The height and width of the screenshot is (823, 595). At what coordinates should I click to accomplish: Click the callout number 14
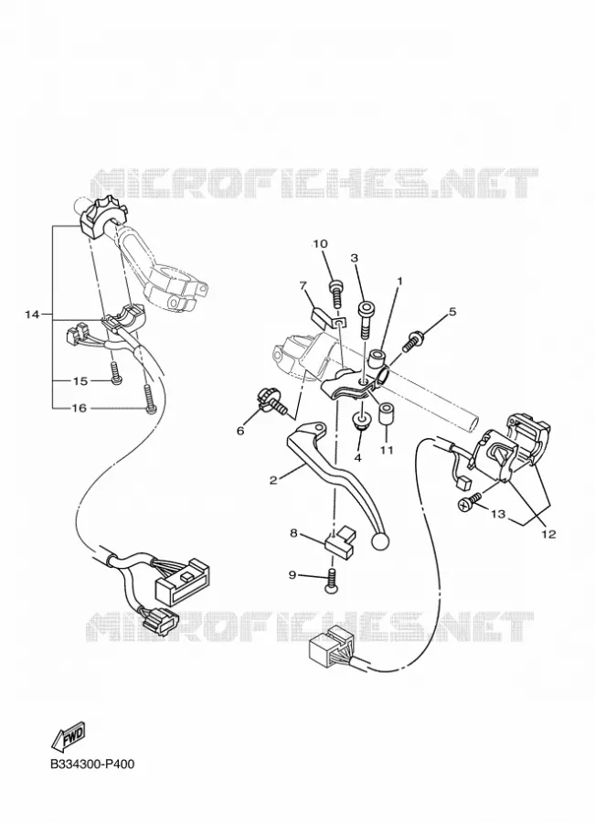pyautogui.click(x=32, y=315)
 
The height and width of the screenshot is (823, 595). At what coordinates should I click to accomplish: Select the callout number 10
pyautogui.click(x=320, y=243)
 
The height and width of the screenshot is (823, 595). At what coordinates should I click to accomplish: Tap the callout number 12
pyautogui.click(x=548, y=534)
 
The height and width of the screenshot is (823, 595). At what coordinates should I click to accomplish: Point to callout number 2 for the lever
pyautogui.click(x=273, y=480)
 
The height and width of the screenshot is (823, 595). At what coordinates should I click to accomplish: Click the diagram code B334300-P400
pyautogui.click(x=92, y=764)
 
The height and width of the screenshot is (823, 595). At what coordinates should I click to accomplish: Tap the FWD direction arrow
pyautogui.click(x=68, y=737)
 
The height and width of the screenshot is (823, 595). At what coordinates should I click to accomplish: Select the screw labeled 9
pyautogui.click(x=332, y=583)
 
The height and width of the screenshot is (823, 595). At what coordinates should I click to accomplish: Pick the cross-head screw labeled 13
pyautogui.click(x=470, y=501)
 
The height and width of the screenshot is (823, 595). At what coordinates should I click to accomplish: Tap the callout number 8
pyautogui.click(x=293, y=533)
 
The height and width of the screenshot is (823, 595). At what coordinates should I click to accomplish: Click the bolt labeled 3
pyautogui.click(x=366, y=319)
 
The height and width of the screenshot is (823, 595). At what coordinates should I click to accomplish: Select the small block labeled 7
pyautogui.click(x=319, y=317)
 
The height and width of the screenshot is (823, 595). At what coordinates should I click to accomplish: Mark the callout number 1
pyautogui.click(x=398, y=282)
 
